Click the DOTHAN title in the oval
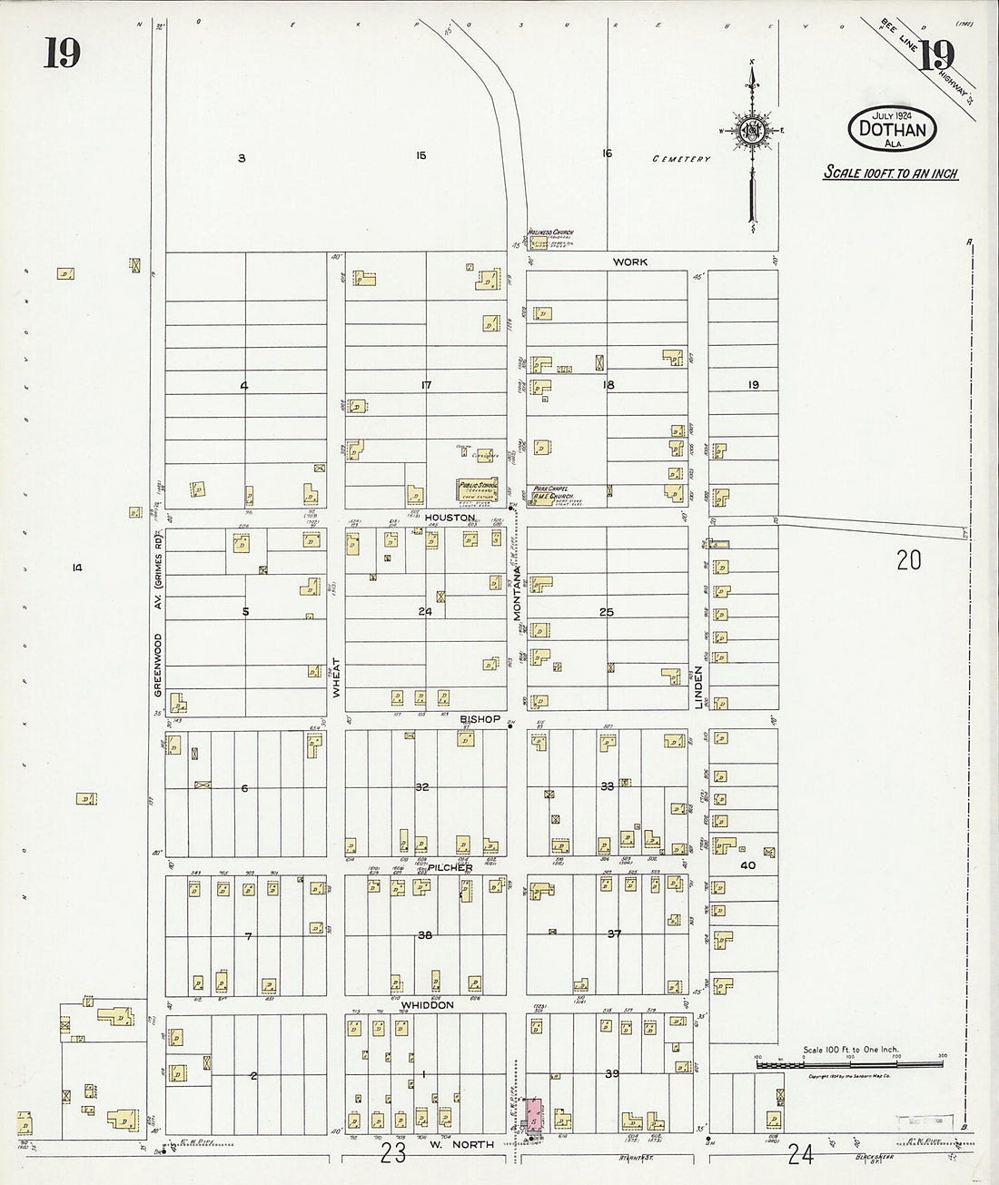894,130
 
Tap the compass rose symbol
752,131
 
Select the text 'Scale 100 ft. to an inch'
890,173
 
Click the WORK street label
629,262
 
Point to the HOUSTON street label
450,517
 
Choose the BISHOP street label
480,719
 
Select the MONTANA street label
517,594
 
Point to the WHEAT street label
335,676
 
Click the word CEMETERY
680,159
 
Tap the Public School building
476,488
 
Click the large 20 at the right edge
908,561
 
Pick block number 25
606,612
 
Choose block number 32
421,786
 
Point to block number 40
748,865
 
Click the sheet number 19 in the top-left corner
62,54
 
